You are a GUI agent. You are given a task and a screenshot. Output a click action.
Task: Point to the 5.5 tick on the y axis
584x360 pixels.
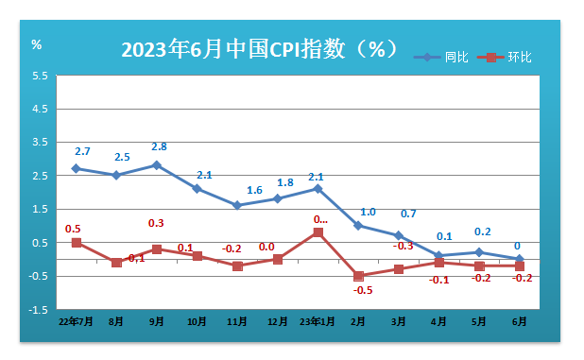point(40,76)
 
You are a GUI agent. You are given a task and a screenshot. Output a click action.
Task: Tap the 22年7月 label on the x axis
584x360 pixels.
point(76,321)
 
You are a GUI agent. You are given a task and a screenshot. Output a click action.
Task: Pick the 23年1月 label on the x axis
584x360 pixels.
point(318,321)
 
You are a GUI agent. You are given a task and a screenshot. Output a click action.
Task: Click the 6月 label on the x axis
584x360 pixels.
point(519,321)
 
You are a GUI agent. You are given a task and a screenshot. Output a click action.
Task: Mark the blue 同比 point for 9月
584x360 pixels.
point(157,165)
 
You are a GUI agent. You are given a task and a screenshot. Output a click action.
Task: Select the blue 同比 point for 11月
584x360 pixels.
point(237,205)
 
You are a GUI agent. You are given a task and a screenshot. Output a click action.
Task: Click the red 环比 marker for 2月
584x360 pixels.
point(358,276)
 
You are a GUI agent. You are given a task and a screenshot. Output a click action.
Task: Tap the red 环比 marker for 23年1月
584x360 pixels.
point(318,232)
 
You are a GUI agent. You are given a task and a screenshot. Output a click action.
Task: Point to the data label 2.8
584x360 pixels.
point(159,147)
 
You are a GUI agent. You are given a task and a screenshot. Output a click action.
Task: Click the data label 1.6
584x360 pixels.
point(254,191)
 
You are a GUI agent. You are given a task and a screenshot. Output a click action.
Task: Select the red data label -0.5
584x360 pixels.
point(363,290)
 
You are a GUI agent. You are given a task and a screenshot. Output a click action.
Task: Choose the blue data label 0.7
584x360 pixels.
point(408,214)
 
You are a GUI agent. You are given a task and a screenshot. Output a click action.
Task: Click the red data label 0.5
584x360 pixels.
point(72,229)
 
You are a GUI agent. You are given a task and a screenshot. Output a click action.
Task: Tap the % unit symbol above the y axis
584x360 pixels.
point(36,44)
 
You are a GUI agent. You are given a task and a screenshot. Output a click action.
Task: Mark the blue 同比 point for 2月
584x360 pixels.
point(358,226)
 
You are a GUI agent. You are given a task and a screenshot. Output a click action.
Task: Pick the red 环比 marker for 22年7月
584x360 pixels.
point(77,243)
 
